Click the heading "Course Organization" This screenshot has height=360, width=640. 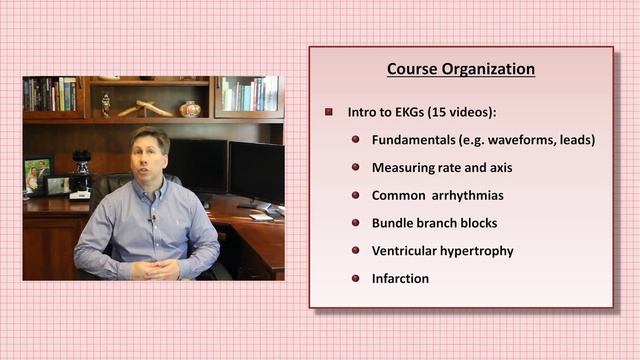pyautogui.click(x=460, y=69)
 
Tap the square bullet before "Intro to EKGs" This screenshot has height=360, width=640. pyautogui.click(x=329, y=112)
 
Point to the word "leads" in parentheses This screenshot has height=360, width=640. pyautogui.click(x=573, y=140)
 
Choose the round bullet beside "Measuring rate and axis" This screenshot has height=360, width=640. pyautogui.click(x=355, y=168)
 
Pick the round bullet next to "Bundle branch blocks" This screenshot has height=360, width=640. pyautogui.click(x=355, y=223)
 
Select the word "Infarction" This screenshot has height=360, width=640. pyautogui.click(x=400, y=279)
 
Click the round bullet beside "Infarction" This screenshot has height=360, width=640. pyautogui.click(x=355, y=279)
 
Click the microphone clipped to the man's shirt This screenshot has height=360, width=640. pyautogui.click(x=152, y=217)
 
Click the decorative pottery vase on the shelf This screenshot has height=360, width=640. pyautogui.click(x=190, y=108)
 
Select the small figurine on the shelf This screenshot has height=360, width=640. pyautogui.click(x=105, y=104)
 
